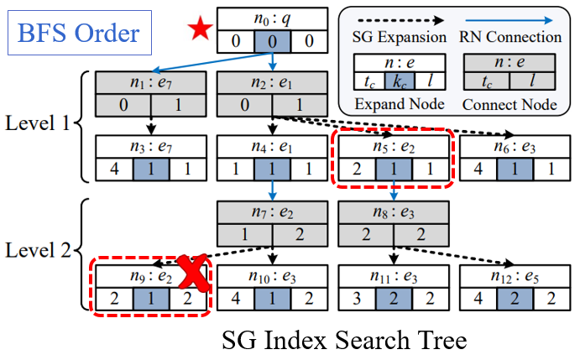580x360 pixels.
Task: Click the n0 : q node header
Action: click(273, 18)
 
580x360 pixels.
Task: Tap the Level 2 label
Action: click(39, 250)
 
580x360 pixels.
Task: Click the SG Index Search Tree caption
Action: click(344, 341)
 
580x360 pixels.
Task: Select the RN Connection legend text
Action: click(511, 37)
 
